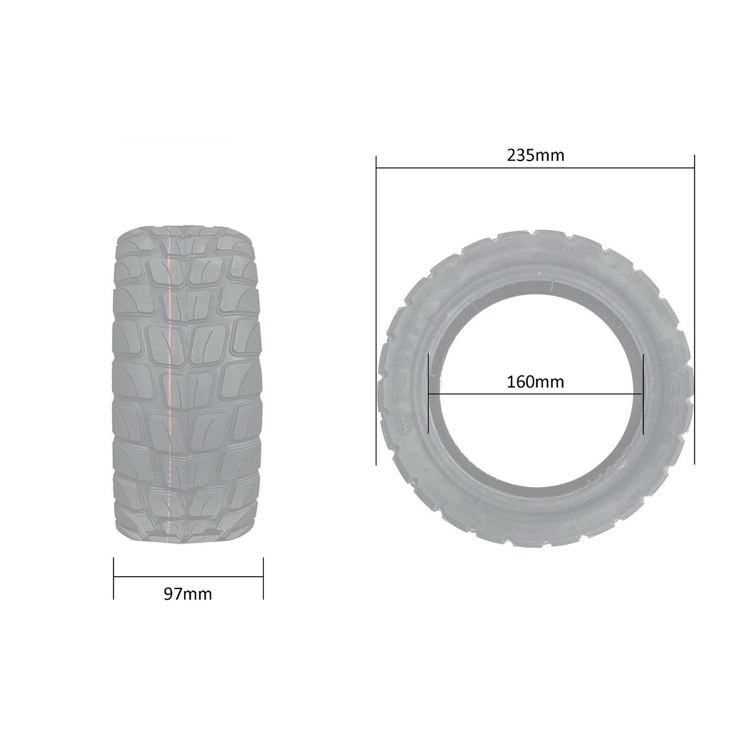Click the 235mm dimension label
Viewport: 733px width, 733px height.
tap(535, 155)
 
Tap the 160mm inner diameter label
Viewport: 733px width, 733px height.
tap(535, 381)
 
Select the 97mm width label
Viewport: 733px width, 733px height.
tap(188, 594)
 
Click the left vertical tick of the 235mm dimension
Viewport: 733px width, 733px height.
tap(376, 309)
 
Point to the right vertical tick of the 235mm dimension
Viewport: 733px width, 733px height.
tap(694, 309)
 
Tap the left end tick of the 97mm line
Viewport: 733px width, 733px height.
tap(114, 578)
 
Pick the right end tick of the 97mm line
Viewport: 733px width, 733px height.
tap(263, 578)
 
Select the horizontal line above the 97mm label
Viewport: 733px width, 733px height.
tap(188, 577)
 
